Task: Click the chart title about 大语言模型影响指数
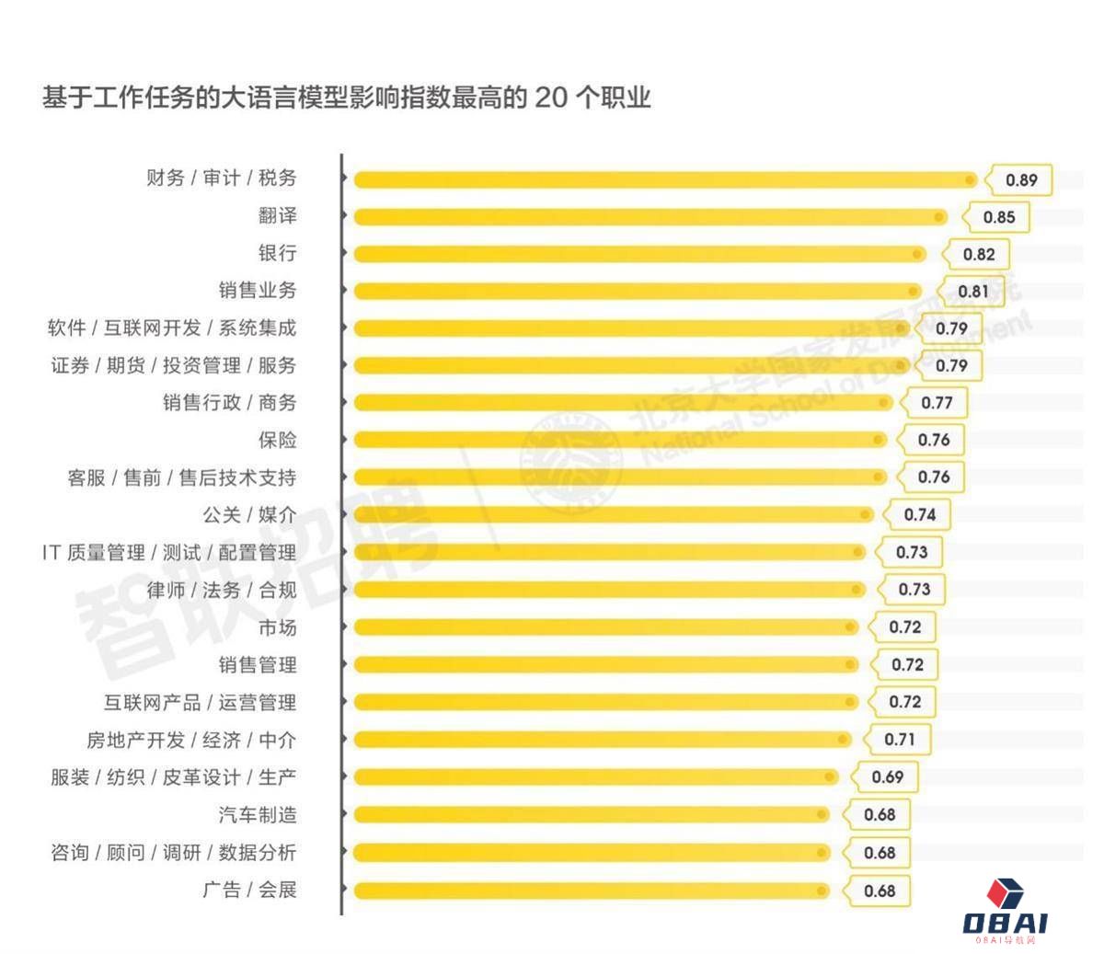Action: (346, 98)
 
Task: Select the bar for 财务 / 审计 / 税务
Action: (662, 179)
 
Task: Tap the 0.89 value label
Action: (1020, 180)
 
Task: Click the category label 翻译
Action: (277, 216)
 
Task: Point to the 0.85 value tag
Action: (998, 218)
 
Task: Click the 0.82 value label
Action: (978, 255)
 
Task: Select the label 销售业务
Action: (258, 291)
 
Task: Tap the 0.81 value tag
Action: (972, 292)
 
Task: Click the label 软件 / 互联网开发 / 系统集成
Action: (172, 328)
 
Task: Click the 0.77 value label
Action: (937, 403)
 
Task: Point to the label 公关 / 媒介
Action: (249, 515)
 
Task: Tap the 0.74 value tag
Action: (919, 515)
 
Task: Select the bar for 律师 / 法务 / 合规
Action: (607, 590)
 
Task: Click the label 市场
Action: (277, 628)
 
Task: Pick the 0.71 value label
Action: (899, 740)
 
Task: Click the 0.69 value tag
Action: (887, 777)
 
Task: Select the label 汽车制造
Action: (258, 815)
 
